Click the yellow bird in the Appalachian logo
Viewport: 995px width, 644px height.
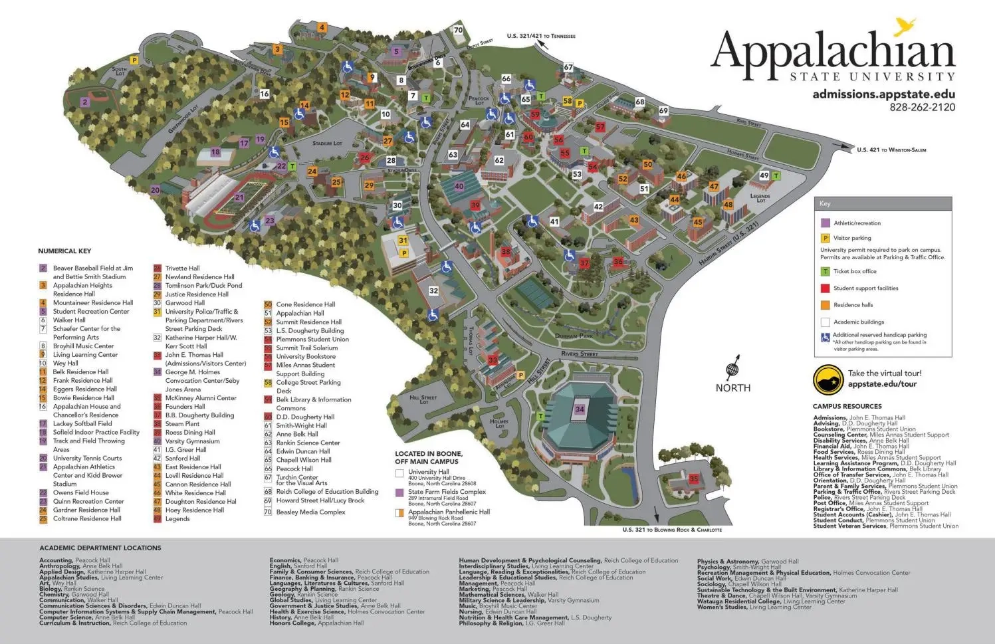(x=905, y=27)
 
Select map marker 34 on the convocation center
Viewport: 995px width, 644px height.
(x=580, y=409)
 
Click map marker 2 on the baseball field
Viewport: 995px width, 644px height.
(x=85, y=102)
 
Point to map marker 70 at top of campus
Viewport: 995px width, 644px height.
(x=458, y=30)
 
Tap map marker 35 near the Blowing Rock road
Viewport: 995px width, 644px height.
(x=693, y=479)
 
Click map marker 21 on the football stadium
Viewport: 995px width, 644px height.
(x=239, y=197)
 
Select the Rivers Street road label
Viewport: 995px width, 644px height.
(x=580, y=354)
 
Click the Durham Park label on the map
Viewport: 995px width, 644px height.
(x=574, y=336)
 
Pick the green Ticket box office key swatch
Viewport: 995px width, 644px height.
(x=826, y=271)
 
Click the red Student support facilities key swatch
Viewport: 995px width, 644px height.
(x=826, y=288)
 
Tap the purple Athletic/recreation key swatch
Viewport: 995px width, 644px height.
(x=826, y=223)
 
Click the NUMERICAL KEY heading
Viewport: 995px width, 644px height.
(x=64, y=251)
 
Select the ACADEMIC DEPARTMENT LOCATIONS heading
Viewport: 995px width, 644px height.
(x=100, y=548)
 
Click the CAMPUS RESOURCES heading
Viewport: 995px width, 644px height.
(x=847, y=406)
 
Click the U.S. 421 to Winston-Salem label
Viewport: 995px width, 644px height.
(x=891, y=150)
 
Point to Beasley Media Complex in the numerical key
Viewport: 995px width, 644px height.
(x=310, y=512)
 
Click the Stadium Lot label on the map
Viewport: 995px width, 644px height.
(x=327, y=143)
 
